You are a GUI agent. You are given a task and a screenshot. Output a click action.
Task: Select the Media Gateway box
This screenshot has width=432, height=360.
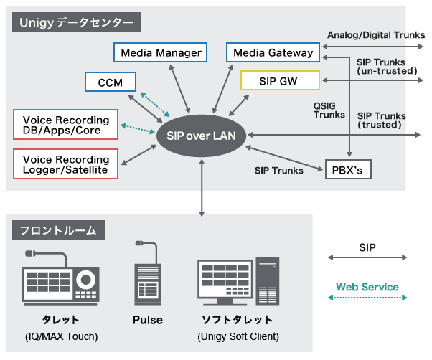pos(273,52)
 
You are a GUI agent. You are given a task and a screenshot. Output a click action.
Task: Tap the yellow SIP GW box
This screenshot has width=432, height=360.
pos(278,80)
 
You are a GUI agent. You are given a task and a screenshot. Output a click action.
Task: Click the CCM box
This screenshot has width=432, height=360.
pos(111,82)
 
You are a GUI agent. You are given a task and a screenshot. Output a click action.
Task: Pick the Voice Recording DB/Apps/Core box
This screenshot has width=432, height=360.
pos(66,125)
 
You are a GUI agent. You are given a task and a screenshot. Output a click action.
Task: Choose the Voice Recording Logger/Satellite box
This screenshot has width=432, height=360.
pos(66,164)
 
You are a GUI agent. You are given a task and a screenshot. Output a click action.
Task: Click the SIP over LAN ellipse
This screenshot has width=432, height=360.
pos(200,134)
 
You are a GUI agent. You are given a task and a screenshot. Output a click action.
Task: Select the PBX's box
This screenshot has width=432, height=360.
pos(347,171)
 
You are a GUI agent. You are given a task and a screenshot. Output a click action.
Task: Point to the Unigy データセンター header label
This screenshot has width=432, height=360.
pos(76,22)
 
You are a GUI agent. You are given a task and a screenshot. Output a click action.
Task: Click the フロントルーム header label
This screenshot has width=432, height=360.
pos(59,230)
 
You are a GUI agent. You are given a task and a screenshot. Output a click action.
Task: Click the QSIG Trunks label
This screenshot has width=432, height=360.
pos(329,110)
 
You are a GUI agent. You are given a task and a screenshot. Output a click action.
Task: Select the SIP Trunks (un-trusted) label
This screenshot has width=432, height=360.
pos(385,67)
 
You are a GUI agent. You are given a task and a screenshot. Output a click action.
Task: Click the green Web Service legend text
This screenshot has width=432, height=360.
pos(367,288)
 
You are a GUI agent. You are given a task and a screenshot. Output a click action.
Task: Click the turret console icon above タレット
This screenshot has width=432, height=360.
pos(60,278)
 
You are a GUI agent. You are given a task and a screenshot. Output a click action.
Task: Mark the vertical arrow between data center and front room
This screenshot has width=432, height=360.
pos(201,186)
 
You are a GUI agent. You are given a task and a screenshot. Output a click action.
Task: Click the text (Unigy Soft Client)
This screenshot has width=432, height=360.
pos(237,336)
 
